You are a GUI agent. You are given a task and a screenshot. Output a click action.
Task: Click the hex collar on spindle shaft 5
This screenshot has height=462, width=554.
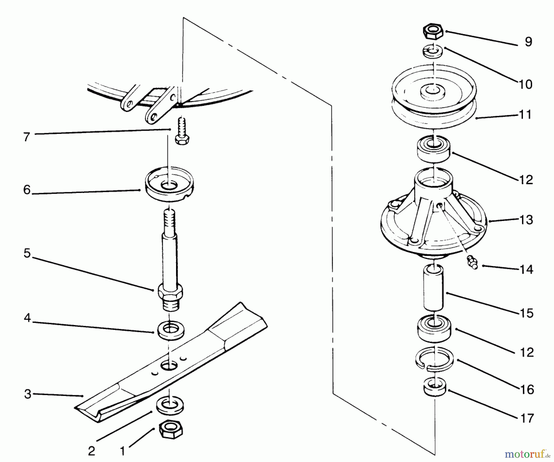point(170,291)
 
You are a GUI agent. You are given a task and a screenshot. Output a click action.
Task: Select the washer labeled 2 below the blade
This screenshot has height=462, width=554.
point(170,405)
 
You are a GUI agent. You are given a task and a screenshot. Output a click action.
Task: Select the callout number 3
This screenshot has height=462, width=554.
point(28,394)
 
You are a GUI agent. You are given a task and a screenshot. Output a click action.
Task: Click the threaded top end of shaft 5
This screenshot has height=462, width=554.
point(170,221)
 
